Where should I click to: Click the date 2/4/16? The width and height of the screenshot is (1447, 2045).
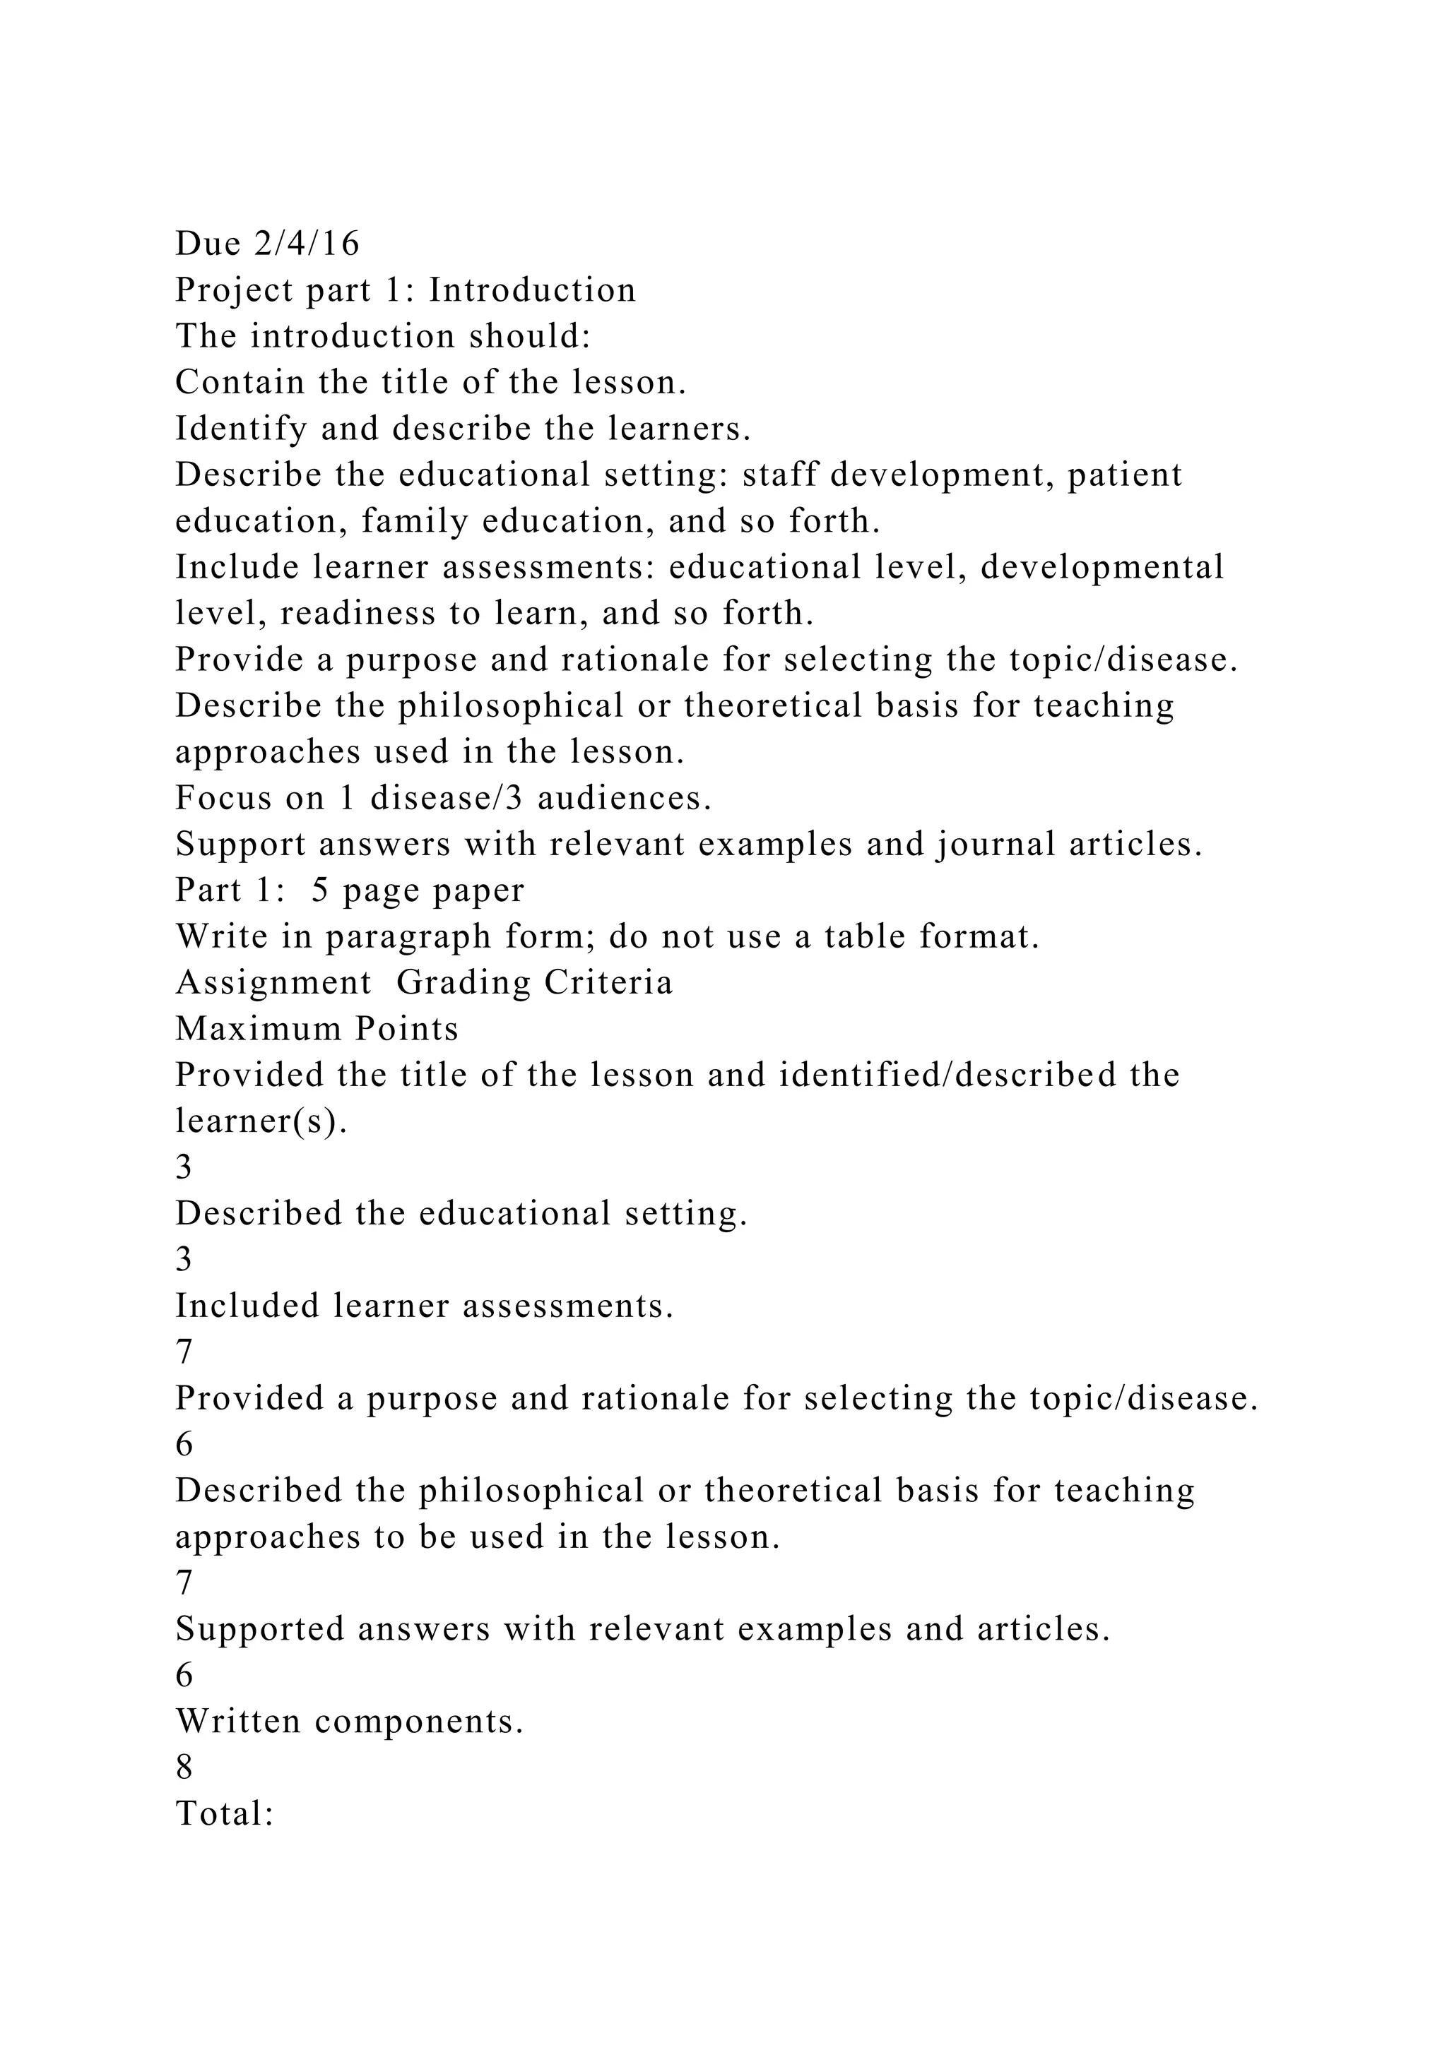click(307, 243)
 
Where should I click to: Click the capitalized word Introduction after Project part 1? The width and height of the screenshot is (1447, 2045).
click(532, 290)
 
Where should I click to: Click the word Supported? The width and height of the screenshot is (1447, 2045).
click(259, 1629)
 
